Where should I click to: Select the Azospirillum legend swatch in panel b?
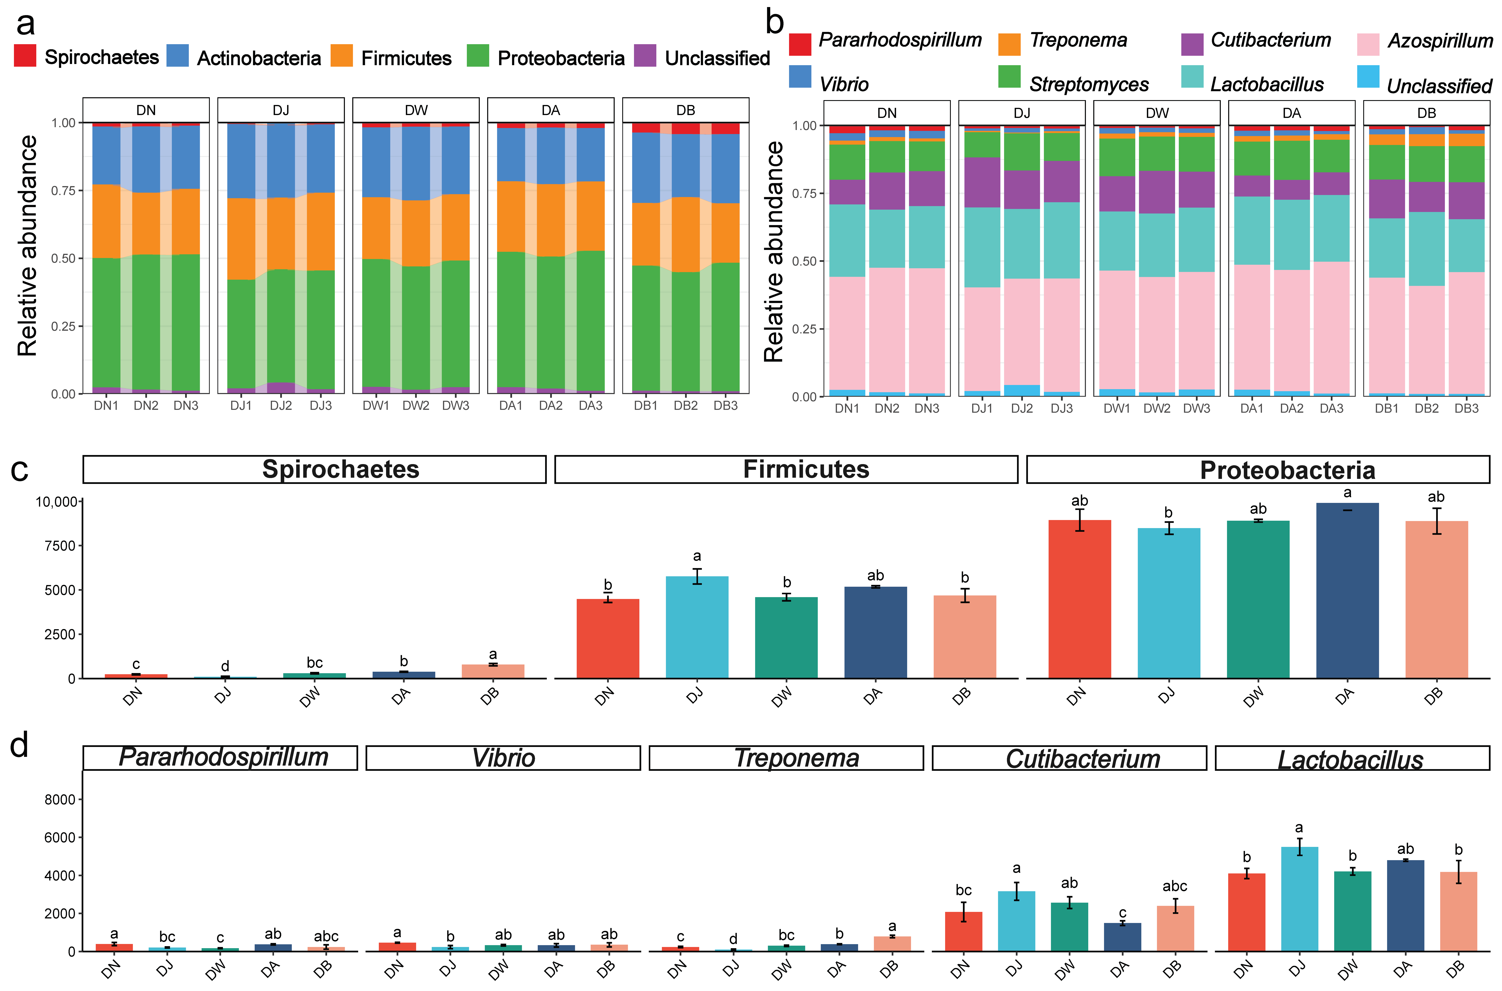[1368, 44]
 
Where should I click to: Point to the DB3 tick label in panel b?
[1467, 408]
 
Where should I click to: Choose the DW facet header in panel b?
[1157, 113]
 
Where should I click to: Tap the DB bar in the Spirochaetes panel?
[493, 671]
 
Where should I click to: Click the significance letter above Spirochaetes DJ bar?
[225, 666]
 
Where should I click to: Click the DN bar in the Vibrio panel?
[397, 947]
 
